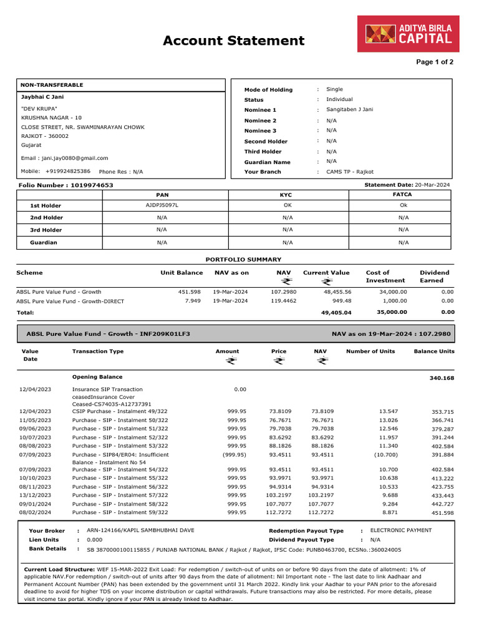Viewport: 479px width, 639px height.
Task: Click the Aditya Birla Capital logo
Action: pyautogui.click(x=408, y=34)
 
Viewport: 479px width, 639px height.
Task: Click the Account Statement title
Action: pyautogui.click(x=233, y=41)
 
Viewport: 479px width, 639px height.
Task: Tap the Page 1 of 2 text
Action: pyautogui.click(x=435, y=62)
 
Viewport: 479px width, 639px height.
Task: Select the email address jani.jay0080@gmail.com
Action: pyautogui.click(x=73, y=159)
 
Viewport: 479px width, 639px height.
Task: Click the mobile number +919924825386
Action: pyautogui.click(x=67, y=171)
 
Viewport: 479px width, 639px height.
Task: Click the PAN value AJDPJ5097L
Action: pyautogui.click(x=162, y=205)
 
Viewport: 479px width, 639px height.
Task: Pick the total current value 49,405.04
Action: pyautogui.click(x=336, y=313)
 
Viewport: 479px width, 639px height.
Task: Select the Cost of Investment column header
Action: pyautogui.click(x=385, y=276)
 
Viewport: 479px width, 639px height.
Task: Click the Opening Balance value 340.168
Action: pyautogui.click(x=442, y=378)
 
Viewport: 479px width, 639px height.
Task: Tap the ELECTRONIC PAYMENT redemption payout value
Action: pyautogui.click(x=401, y=530)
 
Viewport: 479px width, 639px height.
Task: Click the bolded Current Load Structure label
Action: pyautogui.click(x=59, y=570)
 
